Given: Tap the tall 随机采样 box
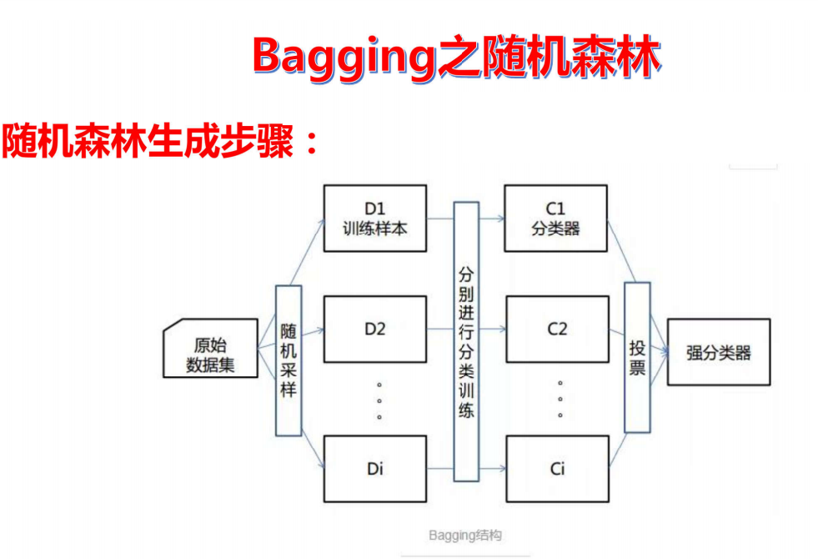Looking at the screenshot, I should point(289,360).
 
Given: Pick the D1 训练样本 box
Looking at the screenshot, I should point(375,218).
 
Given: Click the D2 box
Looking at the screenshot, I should point(375,328).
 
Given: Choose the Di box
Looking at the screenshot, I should point(375,468).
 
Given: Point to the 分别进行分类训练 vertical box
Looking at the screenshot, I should point(466,340).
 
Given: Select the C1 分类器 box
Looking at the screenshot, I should point(556,218).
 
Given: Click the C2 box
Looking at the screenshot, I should point(556,328).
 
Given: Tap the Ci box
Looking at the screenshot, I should point(556,468).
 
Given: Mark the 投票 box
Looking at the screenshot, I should point(637,357).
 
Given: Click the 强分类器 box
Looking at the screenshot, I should point(718,353).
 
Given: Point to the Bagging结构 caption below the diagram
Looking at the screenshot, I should point(465,535).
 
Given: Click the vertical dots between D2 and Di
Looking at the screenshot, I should point(379,400).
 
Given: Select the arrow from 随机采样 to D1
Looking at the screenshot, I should point(310,250).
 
